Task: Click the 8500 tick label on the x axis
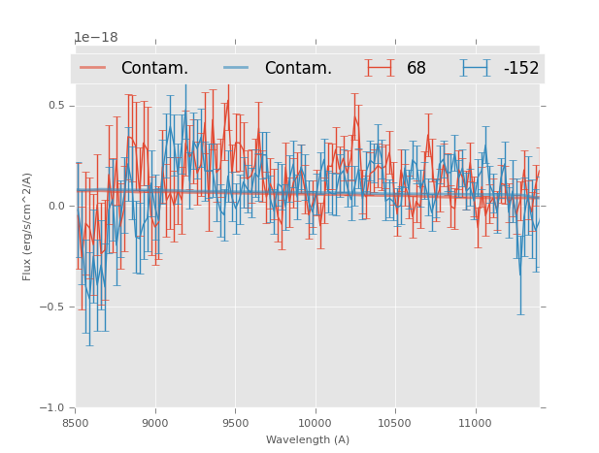click(x=76, y=423)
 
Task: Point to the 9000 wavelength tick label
click(x=155, y=423)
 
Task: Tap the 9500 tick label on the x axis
click(x=235, y=423)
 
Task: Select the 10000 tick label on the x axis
click(x=316, y=423)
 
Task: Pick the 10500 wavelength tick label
click(x=396, y=423)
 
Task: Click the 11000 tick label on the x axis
click(x=476, y=423)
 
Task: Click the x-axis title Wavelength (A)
click(x=308, y=439)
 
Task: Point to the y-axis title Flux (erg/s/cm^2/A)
click(x=28, y=226)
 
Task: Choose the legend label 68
click(x=416, y=69)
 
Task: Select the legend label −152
click(x=520, y=69)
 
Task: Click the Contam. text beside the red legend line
click(x=154, y=69)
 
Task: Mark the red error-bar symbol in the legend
click(x=380, y=68)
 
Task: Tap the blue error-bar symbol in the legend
click(x=475, y=68)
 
